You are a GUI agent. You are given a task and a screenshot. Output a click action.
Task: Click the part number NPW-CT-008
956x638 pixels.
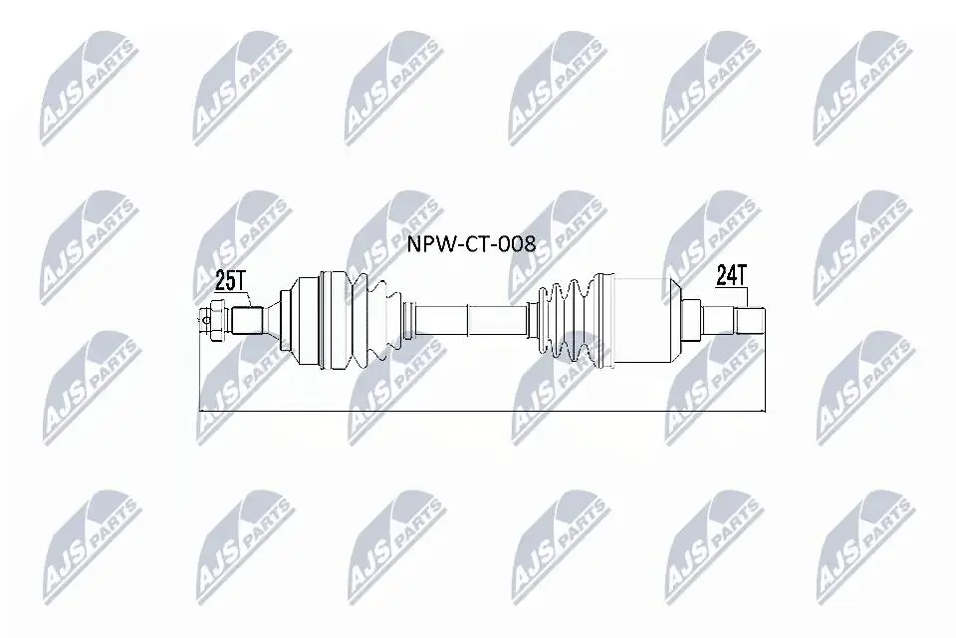click(x=471, y=244)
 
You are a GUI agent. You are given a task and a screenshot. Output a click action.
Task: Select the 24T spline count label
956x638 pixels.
click(x=732, y=276)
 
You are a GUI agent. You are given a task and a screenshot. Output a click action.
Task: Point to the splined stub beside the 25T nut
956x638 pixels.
click(x=247, y=320)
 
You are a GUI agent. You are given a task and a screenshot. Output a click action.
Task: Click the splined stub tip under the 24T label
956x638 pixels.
click(x=749, y=320)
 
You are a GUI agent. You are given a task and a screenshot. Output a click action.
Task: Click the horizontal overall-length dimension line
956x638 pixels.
click(x=482, y=411)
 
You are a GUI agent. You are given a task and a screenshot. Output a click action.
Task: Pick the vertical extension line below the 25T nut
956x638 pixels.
click(x=200, y=373)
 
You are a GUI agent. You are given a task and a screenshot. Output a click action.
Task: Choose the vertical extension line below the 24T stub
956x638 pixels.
click(x=765, y=374)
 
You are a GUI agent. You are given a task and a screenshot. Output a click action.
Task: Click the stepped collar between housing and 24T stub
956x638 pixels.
click(x=693, y=320)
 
